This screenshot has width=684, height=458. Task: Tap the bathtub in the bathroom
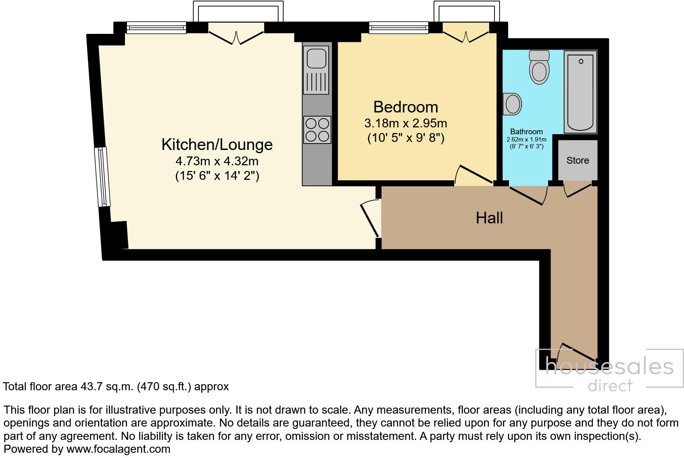click(580, 92)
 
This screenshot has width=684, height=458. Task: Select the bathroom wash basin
click(513, 104)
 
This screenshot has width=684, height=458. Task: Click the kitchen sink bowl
click(317, 58)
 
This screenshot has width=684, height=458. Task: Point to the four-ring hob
click(317, 130)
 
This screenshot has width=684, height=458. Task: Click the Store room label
click(578, 160)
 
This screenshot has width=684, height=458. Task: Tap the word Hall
click(489, 218)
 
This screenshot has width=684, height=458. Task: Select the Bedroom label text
click(405, 107)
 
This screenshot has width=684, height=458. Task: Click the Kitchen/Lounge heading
click(217, 144)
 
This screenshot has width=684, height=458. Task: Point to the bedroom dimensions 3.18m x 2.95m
click(405, 123)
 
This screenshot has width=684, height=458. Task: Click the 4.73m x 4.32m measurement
click(217, 161)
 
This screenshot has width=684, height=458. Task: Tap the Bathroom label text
click(526, 132)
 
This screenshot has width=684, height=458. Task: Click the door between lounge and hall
click(370, 220)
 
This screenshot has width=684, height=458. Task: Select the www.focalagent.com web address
click(118, 449)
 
